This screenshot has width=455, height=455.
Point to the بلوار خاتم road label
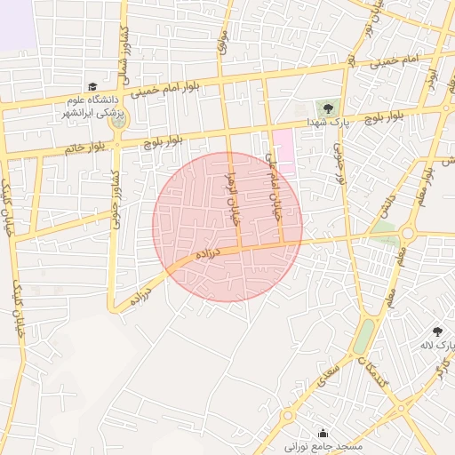pyautogui.click(x=84, y=148)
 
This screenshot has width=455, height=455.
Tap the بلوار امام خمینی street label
pyautogui.click(x=172, y=88)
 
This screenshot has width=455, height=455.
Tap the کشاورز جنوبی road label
pyautogui.click(x=116, y=199)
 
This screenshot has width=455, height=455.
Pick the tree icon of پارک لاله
pyautogui.click(x=436, y=331)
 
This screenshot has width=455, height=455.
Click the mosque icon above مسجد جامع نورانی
pyautogui.click(x=323, y=433)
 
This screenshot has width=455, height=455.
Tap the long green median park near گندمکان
pyautogui.click(x=364, y=336)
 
